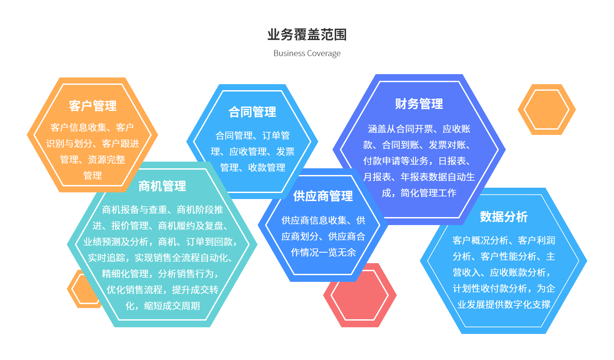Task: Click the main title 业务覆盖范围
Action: pyautogui.click(x=307, y=35)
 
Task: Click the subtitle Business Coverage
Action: pyautogui.click(x=307, y=53)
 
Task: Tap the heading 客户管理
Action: pyautogui.click(x=93, y=106)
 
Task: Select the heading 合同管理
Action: pyautogui.click(x=252, y=112)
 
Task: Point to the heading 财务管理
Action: pyautogui.click(x=419, y=104)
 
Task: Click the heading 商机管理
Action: pyautogui.click(x=162, y=186)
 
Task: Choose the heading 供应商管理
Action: pyautogui.click(x=323, y=196)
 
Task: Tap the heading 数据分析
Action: pyautogui.click(x=504, y=217)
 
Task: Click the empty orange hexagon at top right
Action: pyautogui.click(x=547, y=110)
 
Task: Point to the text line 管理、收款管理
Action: pyautogui.click(x=253, y=168)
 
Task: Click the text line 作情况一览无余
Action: pyautogui.click(x=323, y=252)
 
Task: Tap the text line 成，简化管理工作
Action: pyautogui.click(x=419, y=193)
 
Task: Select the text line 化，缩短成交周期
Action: pyautogui.click(x=163, y=306)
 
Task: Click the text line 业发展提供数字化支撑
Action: pyautogui.click(x=504, y=305)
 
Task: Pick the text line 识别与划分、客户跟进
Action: pyautogui.click(x=93, y=144)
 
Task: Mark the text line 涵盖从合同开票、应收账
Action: pyautogui.click(x=419, y=129)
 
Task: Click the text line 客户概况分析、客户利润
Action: pyautogui.click(x=504, y=240)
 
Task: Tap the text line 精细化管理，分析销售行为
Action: pyautogui.click(x=160, y=274)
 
